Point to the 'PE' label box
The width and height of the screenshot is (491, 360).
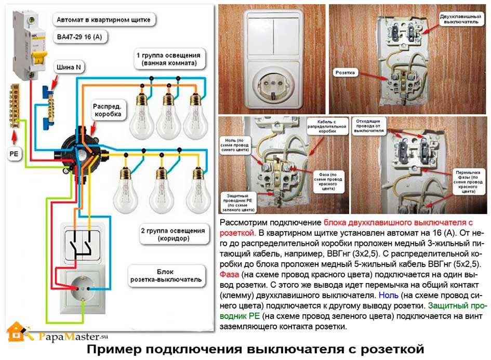pyautogui.click(x=14, y=154)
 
